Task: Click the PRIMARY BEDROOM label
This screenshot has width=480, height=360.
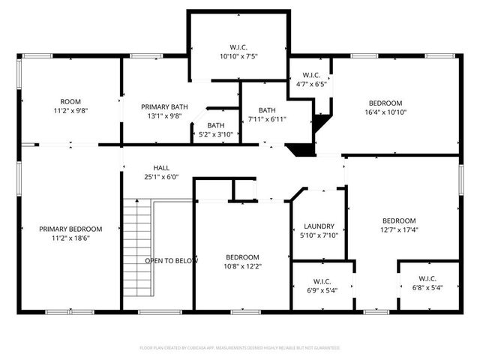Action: pyautogui.click(x=70, y=229)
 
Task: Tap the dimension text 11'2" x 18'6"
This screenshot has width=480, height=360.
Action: pyautogui.click(x=70, y=238)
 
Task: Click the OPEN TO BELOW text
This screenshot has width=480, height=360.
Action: pyautogui.click(x=171, y=260)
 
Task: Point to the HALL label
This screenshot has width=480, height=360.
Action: pyautogui.click(x=162, y=168)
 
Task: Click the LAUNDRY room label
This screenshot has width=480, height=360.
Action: pyautogui.click(x=319, y=226)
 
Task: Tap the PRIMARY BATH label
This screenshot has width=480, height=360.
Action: pyautogui.click(x=162, y=106)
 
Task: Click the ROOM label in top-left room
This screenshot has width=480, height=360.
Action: pyautogui.click(x=70, y=102)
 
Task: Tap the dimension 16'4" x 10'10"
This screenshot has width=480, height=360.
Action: pyautogui.click(x=385, y=112)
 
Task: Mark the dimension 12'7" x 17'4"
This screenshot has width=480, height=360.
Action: pyautogui.click(x=399, y=230)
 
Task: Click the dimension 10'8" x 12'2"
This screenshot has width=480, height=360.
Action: pyautogui.click(x=243, y=265)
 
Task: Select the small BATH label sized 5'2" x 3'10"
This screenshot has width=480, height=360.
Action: pyautogui.click(x=216, y=135)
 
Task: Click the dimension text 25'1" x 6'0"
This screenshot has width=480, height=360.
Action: pyautogui.click(x=162, y=177)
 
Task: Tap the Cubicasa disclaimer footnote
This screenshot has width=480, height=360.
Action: pyautogui.click(x=240, y=348)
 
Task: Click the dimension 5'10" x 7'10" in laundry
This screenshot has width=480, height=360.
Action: pyautogui.click(x=319, y=235)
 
